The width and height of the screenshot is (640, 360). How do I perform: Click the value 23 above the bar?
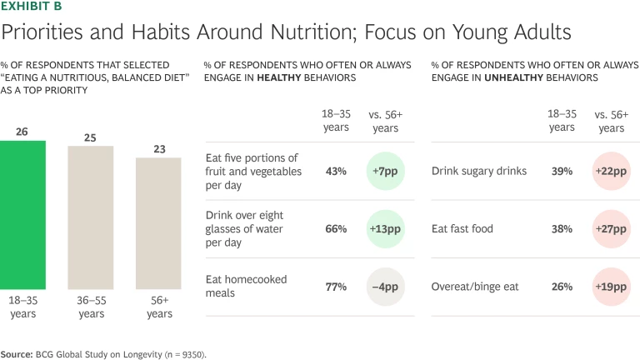pyautogui.click(x=158, y=149)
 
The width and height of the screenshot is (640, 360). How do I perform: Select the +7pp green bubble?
pyautogui.click(x=385, y=172)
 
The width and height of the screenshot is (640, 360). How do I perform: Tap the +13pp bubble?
pyautogui.click(x=385, y=229)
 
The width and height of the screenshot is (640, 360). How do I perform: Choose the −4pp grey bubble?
pyautogui.click(x=385, y=287)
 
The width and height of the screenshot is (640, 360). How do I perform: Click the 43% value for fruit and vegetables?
pyautogui.click(x=336, y=172)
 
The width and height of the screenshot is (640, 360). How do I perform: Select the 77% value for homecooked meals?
pyautogui.click(x=336, y=287)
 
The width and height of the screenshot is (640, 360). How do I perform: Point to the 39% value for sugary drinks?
pyautogui.click(x=562, y=172)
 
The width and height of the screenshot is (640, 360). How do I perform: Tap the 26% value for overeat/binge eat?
pyautogui.click(x=562, y=287)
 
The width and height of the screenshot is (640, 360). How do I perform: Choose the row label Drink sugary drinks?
pyautogui.click(x=479, y=172)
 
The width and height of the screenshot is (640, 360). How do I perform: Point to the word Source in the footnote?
pyautogui.click(x=17, y=354)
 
